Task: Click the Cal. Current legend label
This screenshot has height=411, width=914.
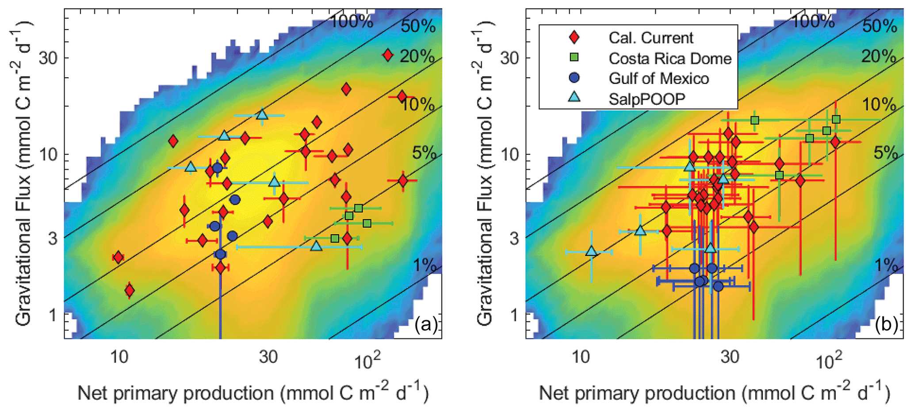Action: pos(650,38)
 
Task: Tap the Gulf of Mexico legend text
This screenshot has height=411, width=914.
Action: pos(658,79)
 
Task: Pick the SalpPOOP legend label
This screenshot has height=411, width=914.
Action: pos(646,99)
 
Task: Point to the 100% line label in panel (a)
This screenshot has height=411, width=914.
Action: pos(352,21)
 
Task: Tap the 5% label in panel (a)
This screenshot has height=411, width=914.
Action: pos(424,153)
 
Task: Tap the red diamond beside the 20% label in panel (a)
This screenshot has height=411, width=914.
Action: pos(388,55)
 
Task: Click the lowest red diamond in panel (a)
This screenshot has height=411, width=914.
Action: pos(129,290)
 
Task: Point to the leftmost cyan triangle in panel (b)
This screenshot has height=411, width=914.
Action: pos(591,251)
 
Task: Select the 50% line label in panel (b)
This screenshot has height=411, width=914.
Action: pos(880,27)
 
